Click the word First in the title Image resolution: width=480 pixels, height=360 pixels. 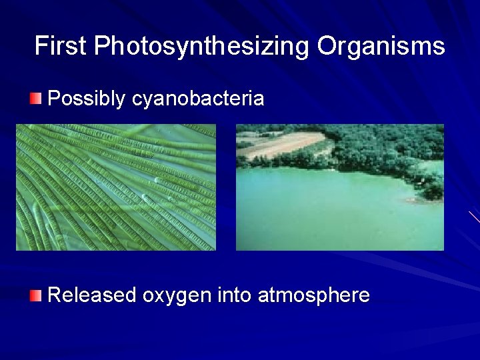pyautogui.click(x=61, y=46)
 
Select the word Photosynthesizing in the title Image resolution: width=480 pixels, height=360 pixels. pyautogui.click(x=202, y=46)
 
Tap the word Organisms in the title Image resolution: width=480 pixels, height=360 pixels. pyautogui.click(x=381, y=46)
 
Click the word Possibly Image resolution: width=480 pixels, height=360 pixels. pyautogui.click(x=87, y=99)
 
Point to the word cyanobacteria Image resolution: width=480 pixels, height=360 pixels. pyautogui.click(x=198, y=99)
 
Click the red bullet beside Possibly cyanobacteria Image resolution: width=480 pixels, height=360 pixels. pyautogui.click(x=36, y=99)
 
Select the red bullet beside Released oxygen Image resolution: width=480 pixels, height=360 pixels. pyautogui.click(x=36, y=295)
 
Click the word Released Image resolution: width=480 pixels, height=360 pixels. pyautogui.click(x=92, y=295)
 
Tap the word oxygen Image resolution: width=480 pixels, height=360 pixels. pyautogui.click(x=177, y=295)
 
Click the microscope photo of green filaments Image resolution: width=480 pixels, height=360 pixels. pyautogui.click(x=116, y=187)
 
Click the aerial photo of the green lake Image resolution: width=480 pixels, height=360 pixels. pyautogui.click(x=340, y=187)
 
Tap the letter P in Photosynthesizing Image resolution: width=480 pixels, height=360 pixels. pyautogui.click(x=101, y=46)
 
